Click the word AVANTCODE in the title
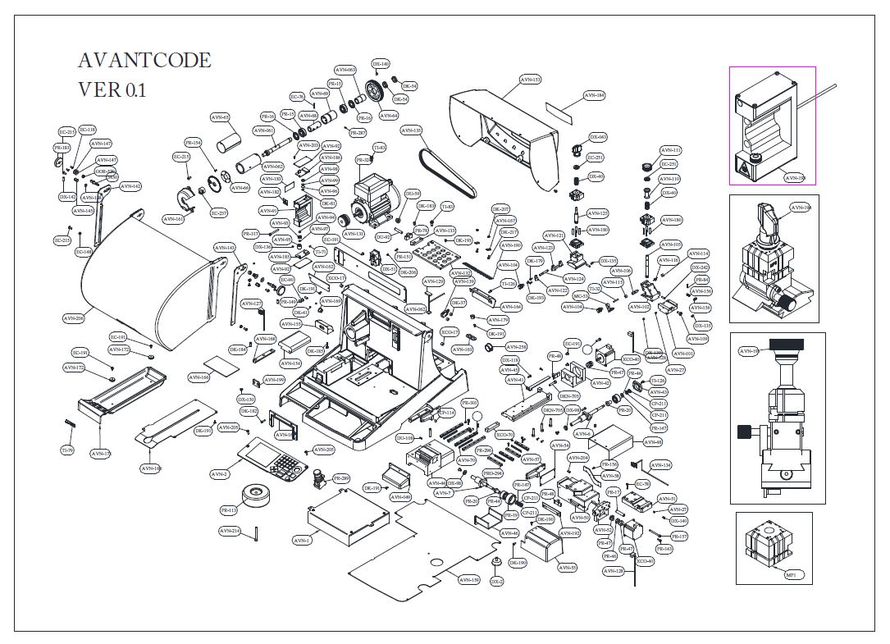(x=144, y=61)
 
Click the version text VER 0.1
(x=112, y=89)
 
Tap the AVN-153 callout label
(x=531, y=80)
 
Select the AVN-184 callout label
(x=595, y=95)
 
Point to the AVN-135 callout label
(x=411, y=130)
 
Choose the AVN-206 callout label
(x=74, y=317)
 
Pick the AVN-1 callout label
(x=302, y=541)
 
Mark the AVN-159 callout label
(x=468, y=580)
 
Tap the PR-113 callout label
(x=229, y=510)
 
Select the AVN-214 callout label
(x=230, y=531)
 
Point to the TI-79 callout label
(x=67, y=451)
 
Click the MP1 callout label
(x=792, y=575)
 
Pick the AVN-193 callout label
(x=795, y=177)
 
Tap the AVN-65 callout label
(x=221, y=116)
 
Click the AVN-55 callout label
(x=568, y=567)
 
